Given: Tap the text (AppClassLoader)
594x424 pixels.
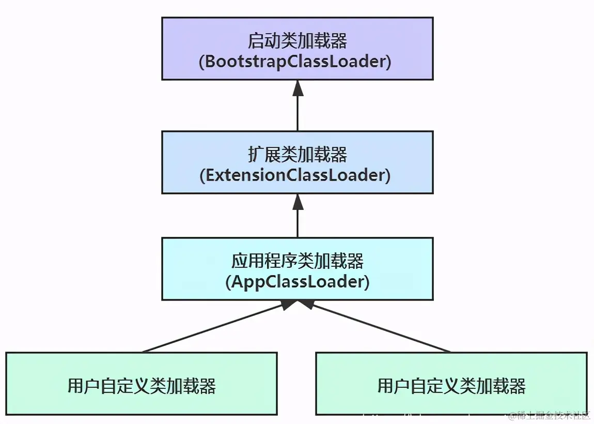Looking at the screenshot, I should [x=297, y=282].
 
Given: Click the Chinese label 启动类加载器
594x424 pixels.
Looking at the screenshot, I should [x=297, y=40].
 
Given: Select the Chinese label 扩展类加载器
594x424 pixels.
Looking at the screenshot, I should [x=297, y=154].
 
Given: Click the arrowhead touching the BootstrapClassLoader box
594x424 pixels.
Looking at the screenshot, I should [x=298, y=88].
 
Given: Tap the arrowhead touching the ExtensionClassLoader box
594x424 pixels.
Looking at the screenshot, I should [x=298, y=202].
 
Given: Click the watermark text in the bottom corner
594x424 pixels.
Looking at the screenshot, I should [x=550, y=415].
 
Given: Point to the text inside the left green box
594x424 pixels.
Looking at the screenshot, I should [x=142, y=386].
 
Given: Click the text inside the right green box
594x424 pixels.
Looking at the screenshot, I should [x=451, y=386].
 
